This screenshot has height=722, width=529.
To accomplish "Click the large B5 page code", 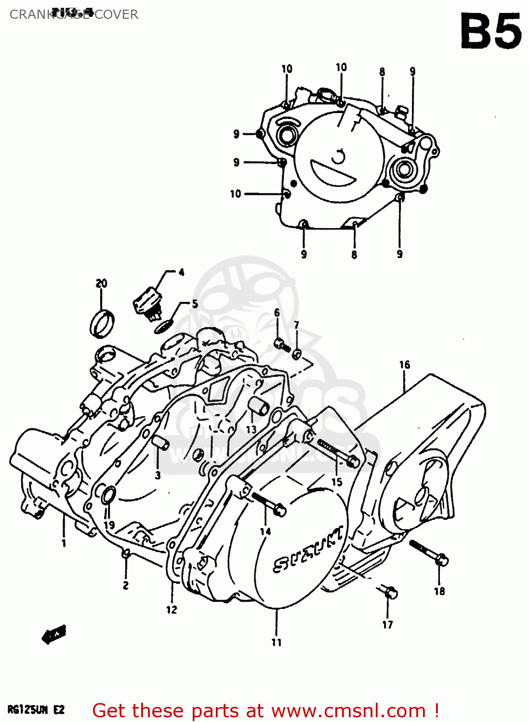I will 490,32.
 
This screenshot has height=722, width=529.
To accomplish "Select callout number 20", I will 101,284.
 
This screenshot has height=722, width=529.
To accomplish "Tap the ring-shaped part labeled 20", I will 102,324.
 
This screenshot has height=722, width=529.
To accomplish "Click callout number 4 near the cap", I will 181,272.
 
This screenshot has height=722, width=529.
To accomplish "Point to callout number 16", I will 404,365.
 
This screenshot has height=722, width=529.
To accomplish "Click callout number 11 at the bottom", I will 276,642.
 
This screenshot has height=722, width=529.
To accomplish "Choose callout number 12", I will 172,610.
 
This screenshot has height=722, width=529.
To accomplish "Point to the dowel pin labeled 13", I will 259,407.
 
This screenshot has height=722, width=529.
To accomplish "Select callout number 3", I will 158,476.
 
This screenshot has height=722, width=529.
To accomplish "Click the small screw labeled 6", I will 281,344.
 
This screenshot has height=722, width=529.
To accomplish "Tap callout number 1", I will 63,543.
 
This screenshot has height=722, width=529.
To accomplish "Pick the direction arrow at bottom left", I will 54,635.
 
